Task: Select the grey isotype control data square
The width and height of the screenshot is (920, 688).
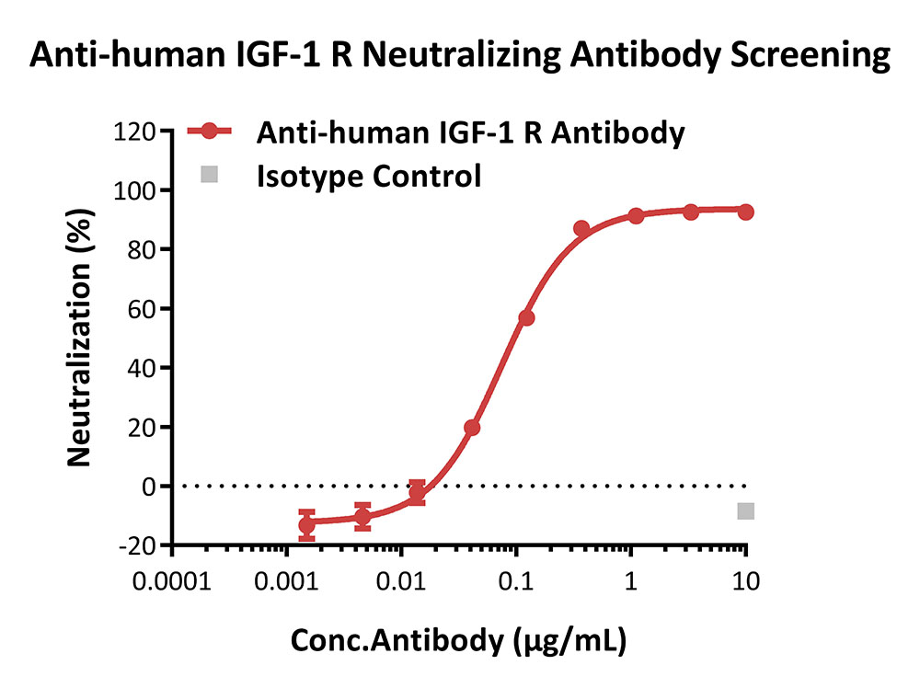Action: (x=745, y=510)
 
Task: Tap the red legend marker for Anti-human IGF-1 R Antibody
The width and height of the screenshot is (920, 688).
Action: (x=211, y=132)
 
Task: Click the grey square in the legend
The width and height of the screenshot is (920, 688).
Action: (x=211, y=174)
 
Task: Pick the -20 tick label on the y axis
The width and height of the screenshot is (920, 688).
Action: (x=135, y=545)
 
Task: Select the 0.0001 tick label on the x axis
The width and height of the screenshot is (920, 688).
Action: (x=172, y=582)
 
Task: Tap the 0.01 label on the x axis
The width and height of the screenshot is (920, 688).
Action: (x=401, y=582)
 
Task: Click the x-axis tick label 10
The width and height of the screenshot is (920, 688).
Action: (x=745, y=582)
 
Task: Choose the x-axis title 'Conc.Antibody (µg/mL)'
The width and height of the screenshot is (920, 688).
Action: (x=458, y=642)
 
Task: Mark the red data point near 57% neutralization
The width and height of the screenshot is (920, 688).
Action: (x=526, y=317)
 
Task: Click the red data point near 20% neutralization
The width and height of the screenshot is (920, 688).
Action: (x=472, y=428)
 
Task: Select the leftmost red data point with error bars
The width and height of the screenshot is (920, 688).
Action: (x=306, y=525)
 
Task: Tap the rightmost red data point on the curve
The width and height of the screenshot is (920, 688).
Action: (x=745, y=212)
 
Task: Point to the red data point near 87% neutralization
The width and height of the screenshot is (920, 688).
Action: (x=581, y=228)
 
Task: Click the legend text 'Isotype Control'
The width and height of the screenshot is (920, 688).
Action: (x=369, y=175)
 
